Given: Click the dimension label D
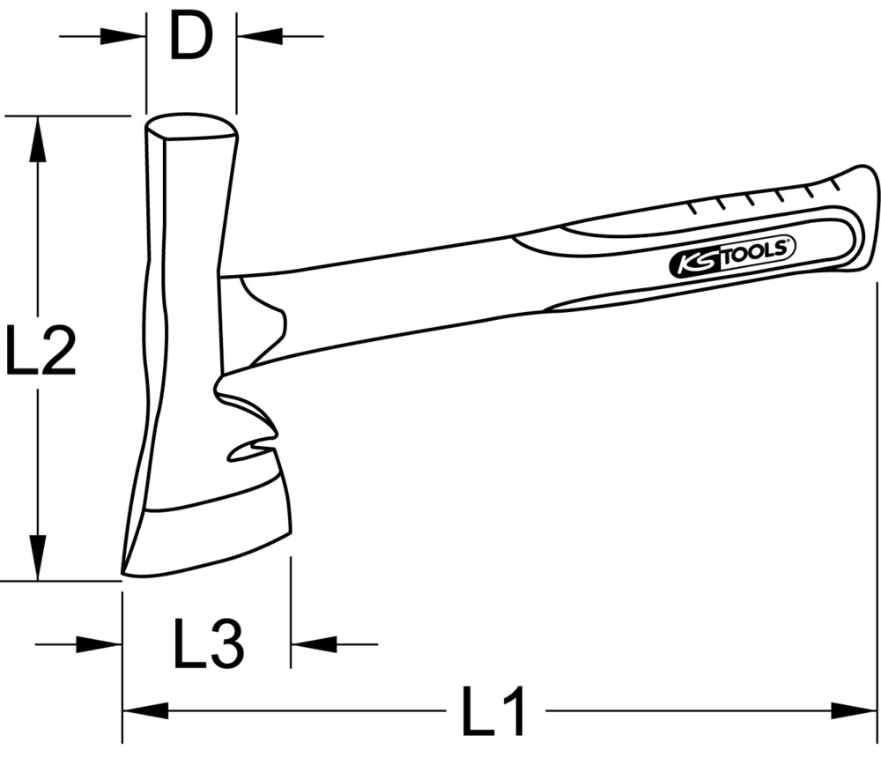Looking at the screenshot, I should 191,36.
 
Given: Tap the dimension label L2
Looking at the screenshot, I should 40,348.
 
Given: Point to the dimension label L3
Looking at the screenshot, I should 207,643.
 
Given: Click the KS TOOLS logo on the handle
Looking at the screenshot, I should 732,256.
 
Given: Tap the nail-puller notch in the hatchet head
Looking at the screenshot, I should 251,451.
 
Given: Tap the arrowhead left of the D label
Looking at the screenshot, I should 123,36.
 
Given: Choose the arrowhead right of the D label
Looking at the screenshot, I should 260,36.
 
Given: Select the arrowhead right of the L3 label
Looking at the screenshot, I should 314,644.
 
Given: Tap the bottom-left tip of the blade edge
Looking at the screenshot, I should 125,573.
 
